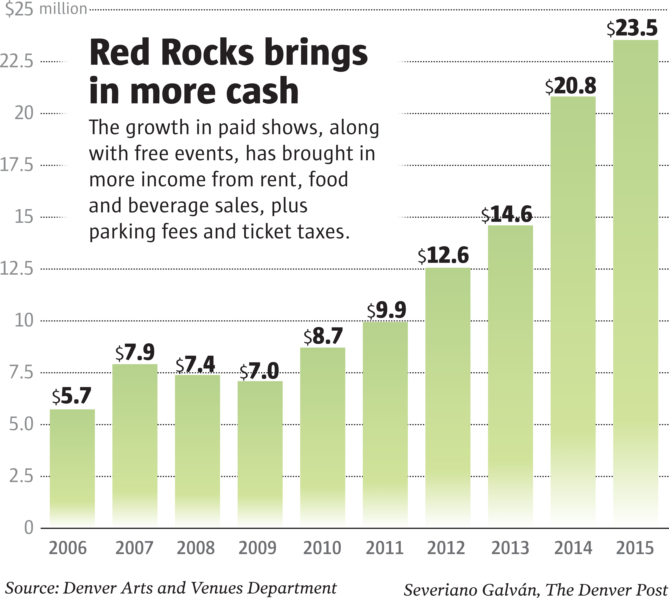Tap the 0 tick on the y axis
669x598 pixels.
tap(29, 528)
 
